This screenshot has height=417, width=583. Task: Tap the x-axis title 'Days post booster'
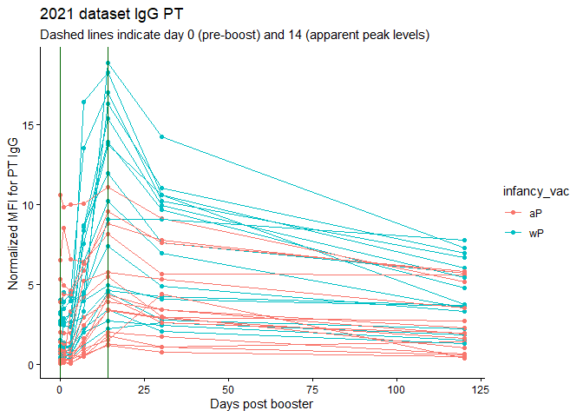(262, 404)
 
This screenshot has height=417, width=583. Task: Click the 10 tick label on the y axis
(28, 205)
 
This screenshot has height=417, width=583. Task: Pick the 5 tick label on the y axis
(31, 285)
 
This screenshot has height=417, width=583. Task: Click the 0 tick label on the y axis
(31, 365)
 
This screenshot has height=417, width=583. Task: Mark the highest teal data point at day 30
(161, 137)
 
